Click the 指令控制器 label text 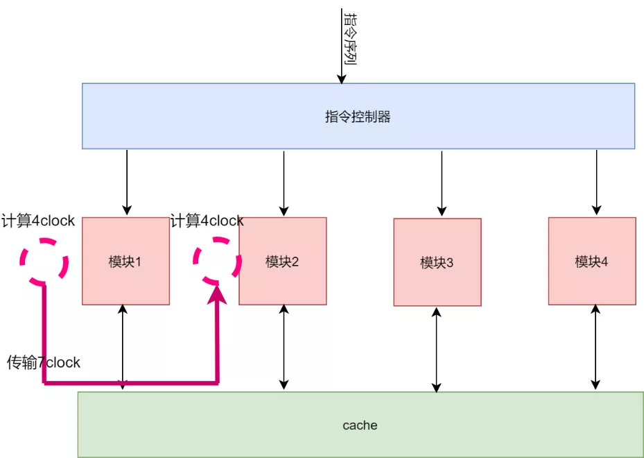click(358, 117)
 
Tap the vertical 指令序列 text click(350, 39)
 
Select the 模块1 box click(125, 261)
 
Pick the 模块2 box click(283, 261)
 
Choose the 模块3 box click(437, 262)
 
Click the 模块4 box click(592, 261)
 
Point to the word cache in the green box click(360, 425)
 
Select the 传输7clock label click(44, 363)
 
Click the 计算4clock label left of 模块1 click(38, 221)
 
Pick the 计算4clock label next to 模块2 click(207, 221)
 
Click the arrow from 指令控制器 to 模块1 click(127, 182)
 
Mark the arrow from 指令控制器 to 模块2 click(284, 183)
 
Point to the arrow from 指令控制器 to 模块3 click(442, 183)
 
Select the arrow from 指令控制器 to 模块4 click(597, 182)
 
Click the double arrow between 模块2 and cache click(284, 347)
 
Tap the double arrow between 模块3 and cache click(437, 350)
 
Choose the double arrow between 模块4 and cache click(595, 347)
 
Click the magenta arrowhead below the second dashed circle click(217, 295)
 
